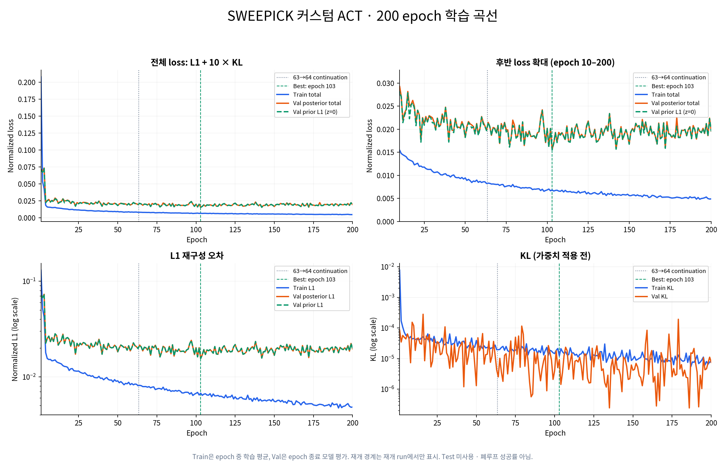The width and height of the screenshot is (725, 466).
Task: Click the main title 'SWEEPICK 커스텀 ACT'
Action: [295, 16]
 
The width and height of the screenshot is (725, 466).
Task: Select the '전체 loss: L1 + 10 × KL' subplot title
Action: [196, 62]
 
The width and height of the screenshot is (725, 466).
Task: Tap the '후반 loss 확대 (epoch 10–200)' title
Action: [555, 62]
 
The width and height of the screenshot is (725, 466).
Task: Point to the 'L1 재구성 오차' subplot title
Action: [197, 256]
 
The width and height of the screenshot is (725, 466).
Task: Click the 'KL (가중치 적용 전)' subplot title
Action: [555, 256]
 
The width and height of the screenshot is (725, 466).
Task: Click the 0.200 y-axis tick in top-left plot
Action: [27, 83]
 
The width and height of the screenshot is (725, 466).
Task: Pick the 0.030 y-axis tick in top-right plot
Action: [385, 83]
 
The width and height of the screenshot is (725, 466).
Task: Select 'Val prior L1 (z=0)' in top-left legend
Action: [315, 112]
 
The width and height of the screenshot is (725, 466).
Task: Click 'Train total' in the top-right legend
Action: [665, 94]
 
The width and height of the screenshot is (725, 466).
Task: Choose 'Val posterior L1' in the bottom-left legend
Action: [314, 296]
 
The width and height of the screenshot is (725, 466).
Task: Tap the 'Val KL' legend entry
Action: [659, 296]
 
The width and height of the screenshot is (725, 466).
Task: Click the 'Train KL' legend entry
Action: [662, 288]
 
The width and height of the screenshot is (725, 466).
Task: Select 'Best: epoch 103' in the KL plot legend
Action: [673, 279]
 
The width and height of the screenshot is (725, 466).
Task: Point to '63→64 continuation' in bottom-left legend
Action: [320, 271]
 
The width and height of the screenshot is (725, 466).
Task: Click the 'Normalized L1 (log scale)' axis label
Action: [15, 339]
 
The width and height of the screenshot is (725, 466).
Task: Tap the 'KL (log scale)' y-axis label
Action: [373, 339]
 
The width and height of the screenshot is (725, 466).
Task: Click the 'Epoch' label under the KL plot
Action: [555, 433]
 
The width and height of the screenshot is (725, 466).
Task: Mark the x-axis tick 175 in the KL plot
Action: [672, 423]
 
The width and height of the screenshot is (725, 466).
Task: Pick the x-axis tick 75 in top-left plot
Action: [157, 230]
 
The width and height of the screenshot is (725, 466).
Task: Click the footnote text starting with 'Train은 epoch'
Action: [362, 457]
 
